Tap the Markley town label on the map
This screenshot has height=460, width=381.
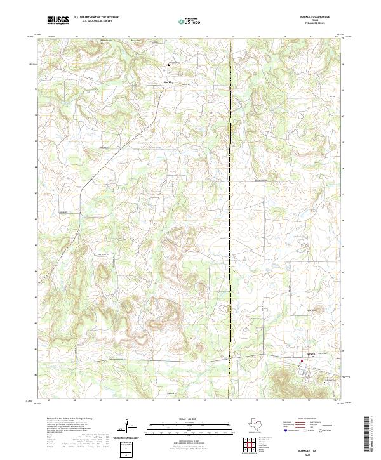pyautogui.click(x=169, y=82)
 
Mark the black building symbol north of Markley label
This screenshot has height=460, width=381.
pyautogui.click(x=169, y=65)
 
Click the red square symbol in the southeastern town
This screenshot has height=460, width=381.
pyautogui.click(x=302, y=362)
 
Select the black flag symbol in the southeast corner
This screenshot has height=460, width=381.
pyautogui.click(x=326, y=383)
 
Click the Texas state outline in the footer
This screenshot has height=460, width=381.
pyautogui.click(x=260, y=424)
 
